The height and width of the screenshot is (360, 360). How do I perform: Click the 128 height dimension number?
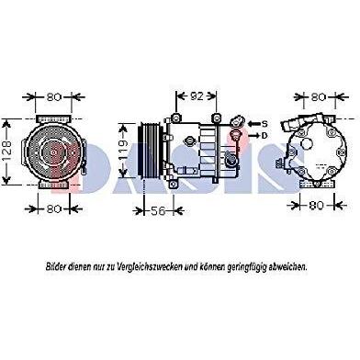point(8,152)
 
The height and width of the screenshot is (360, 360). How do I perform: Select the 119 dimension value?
point(123,150)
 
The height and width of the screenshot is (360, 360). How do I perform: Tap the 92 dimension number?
point(197,96)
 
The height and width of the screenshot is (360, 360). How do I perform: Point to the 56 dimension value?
point(158,210)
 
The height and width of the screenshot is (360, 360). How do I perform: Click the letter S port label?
point(264,124)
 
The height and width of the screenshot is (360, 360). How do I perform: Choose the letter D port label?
point(264,135)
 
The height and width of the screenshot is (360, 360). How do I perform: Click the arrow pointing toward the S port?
point(253,124)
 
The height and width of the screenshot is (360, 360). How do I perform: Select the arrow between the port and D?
point(253,135)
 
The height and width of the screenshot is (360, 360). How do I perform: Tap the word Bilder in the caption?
point(56,266)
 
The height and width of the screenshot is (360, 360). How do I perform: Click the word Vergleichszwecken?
point(150,267)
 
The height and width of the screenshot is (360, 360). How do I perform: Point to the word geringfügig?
point(247,267)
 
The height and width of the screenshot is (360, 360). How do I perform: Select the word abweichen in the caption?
point(287,267)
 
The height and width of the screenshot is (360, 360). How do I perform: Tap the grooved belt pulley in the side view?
point(150,150)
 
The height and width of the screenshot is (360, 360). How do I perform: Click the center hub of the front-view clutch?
point(53,152)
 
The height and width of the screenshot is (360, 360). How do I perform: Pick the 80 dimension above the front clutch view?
point(54,97)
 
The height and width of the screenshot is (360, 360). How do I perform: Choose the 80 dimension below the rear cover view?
point(316,205)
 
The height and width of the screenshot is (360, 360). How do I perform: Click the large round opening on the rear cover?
point(309,143)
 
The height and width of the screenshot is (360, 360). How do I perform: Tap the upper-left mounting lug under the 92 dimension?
point(175,118)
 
